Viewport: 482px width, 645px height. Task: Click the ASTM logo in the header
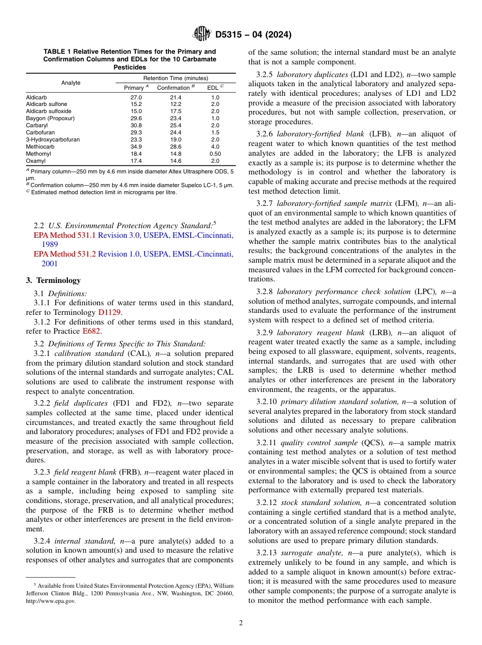202,34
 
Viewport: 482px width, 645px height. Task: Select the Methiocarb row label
38,147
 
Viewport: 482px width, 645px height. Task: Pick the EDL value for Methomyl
215,154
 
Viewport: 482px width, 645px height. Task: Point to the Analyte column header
71,83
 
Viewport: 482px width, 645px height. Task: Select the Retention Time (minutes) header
176,78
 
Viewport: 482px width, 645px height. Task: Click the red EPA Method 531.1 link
64,235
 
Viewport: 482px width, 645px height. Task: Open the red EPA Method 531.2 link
64,254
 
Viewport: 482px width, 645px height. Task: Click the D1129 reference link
109,312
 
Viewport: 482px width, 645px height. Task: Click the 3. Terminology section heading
53,280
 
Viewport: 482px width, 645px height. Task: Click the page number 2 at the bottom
241,623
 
